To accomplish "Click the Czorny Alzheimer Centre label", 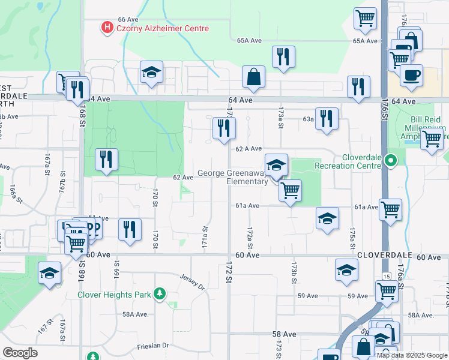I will coord(163,28).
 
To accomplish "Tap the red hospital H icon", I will coord(107,28).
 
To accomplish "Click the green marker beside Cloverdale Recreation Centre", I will coord(391,160).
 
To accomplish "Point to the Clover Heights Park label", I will coord(115,295).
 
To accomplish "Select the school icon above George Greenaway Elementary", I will coord(277,165).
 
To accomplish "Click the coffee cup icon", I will coord(411,75).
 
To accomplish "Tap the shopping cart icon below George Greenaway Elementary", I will coord(291,191).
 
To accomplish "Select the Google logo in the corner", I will coord(20,353).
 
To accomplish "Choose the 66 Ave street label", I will coord(128,20).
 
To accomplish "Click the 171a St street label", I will coord(205,237).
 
